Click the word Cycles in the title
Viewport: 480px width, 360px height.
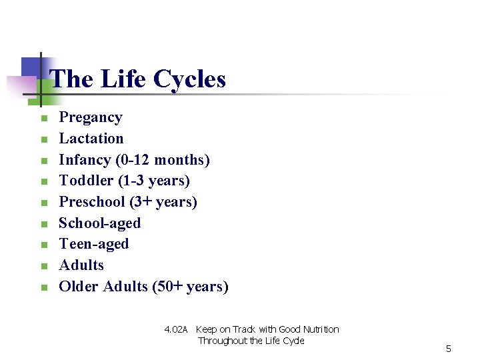click(189, 79)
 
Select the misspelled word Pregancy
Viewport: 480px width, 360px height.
click(91, 118)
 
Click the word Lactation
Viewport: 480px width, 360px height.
click(91, 139)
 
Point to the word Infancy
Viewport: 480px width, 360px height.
click(85, 160)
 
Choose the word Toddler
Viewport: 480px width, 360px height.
click(86, 181)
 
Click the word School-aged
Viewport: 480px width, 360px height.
click(100, 223)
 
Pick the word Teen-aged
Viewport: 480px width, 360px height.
click(94, 244)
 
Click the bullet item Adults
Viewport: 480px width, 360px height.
click(81, 265)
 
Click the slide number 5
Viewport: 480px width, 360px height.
click(449, 349)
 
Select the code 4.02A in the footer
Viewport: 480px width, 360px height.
click(177, 329)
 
